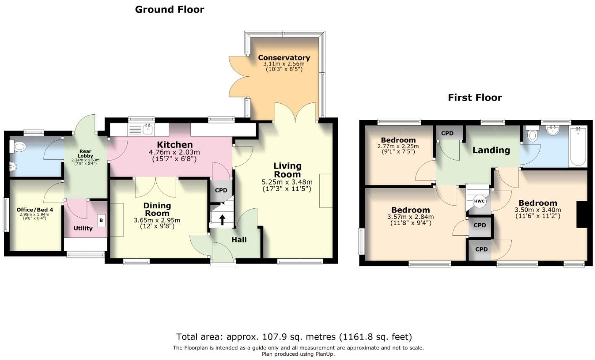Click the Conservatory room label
[x=284, y=58]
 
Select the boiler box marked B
[x=101, y=220]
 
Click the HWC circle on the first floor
[x=479, y=201]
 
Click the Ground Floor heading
[x=169, y=9]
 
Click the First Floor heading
[x=474, y=98]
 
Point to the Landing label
[x=491, y=150]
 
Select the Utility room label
[x=83, y=229]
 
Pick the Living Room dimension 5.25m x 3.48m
[x=287, y=182]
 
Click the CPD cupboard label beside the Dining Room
[x=221, y=190]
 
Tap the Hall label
[x=239, y=239]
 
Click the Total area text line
[x=294, y=337]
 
